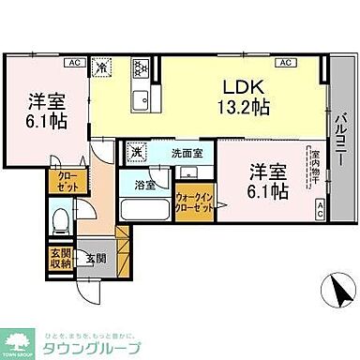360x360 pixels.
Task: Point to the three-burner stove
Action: coord(142,67)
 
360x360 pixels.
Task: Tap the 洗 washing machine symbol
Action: coord(136,151)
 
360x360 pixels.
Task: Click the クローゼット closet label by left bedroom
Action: coord(64,180)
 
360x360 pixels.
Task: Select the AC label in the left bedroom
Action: coord(73,62)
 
